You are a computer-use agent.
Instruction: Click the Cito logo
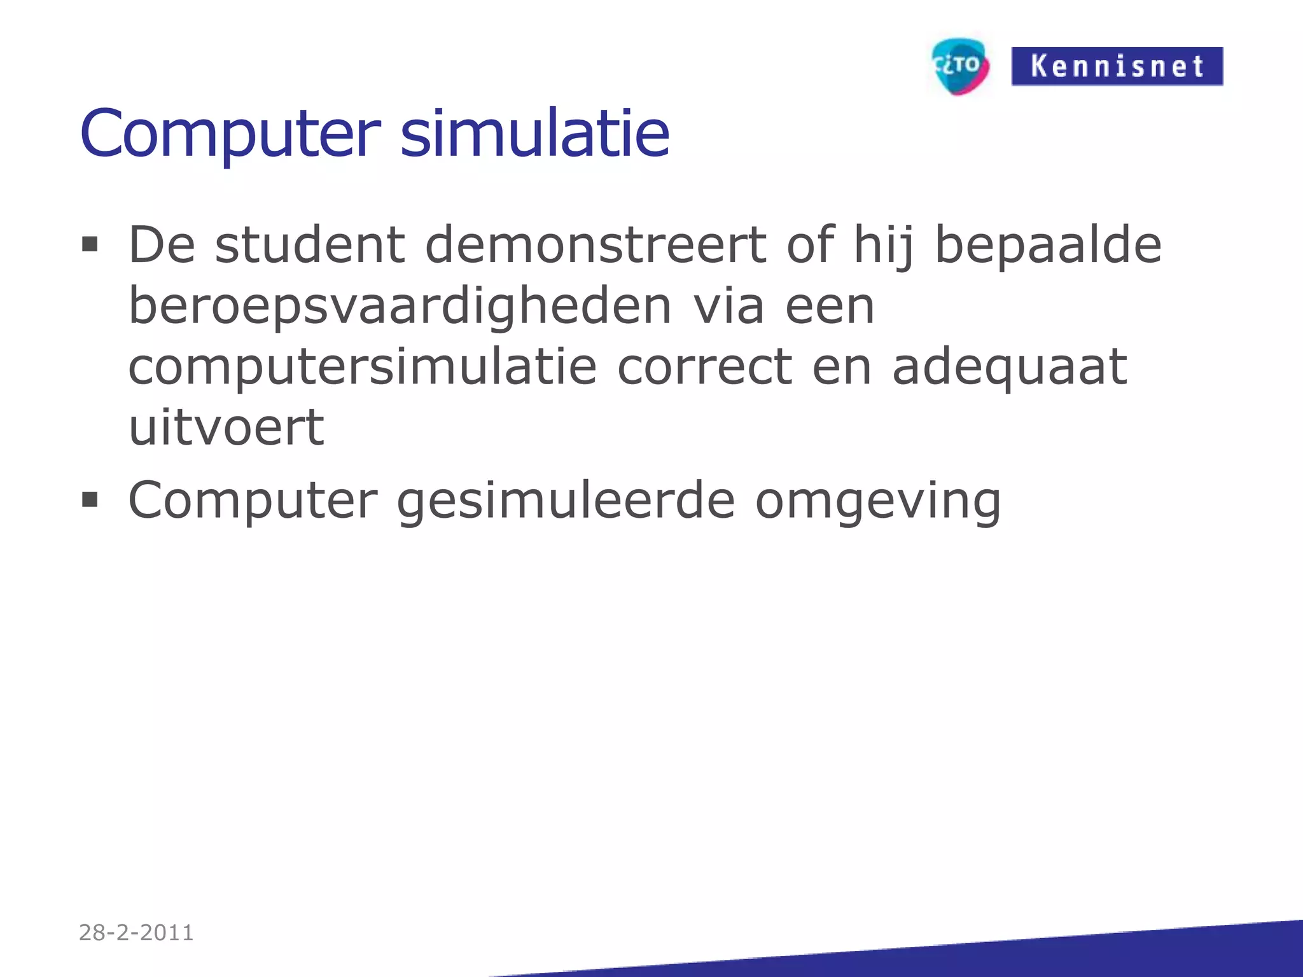click(960, 66)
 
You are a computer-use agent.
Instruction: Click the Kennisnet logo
click(1117, 66)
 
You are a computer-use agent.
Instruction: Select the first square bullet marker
click(90, 245)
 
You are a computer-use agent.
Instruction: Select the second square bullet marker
click(90, 500)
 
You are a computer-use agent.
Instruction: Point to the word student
click(310, 245)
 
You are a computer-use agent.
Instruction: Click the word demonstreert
click(596, 245)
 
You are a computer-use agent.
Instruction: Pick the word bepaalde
click(1048, 246)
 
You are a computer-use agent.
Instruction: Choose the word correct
click(704, 368)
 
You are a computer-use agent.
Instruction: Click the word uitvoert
click(226, 427)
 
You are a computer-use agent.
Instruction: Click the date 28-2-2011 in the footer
click(136, 932)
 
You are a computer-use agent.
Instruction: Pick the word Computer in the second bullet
click(253, 501)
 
